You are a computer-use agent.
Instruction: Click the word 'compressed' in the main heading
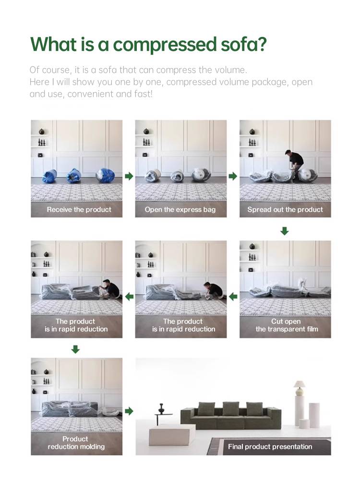point(164,45)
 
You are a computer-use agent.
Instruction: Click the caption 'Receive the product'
point(79,209)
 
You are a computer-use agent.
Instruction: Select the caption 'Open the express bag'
point(180,209)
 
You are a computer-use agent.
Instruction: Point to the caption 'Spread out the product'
point(285,209)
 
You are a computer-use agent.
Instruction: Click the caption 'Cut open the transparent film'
point(287,325)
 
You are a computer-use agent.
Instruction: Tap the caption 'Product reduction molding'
point(76,442)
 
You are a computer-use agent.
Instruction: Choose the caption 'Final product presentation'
point(270,446)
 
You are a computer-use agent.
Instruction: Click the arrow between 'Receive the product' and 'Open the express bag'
point(129,176)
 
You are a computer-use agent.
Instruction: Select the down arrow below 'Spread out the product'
point(284,231)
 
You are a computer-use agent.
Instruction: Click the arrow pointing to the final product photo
point(129,411)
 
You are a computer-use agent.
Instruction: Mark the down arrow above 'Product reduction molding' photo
point(75,349)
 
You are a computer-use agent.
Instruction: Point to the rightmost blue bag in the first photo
point(103,176)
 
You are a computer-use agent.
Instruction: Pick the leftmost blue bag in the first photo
point(49,176)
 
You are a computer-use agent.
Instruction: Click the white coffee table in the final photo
point(172,434)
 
